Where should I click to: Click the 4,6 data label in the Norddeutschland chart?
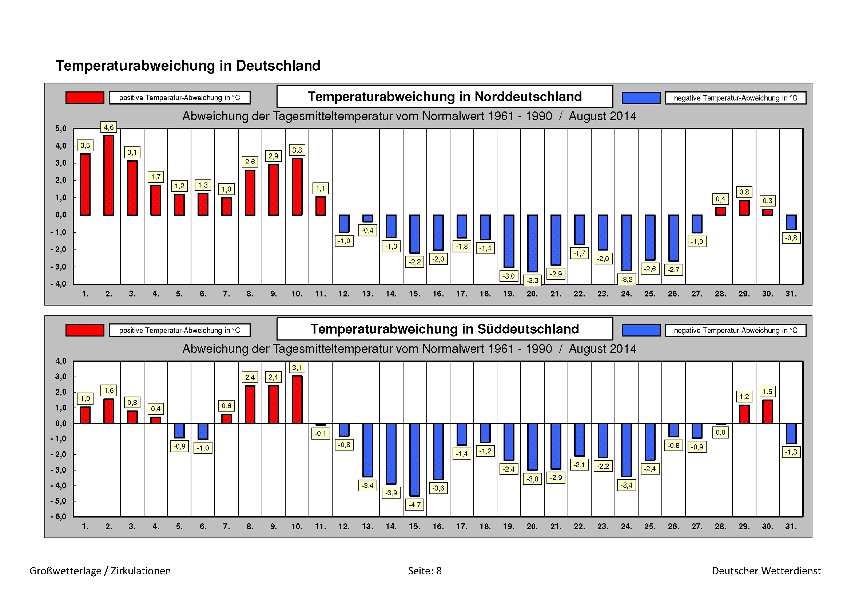[x=108, y=127]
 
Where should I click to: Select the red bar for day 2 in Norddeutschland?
[x=108, y=175]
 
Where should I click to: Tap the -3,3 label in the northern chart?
[x=532, y=280]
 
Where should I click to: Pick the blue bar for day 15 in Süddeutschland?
[x=415, y=460]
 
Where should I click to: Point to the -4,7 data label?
[x=414, y=505]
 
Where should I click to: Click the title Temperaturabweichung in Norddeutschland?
[x=444, y=97]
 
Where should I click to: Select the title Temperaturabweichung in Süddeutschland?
[x=444, y=329]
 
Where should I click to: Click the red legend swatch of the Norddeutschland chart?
[x=85, y=98]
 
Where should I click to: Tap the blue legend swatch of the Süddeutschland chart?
[x=641, y=330]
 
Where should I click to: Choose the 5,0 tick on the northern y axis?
[x=61, y=129]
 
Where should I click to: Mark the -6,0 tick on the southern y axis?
[x=59, y=517]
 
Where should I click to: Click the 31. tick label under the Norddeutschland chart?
[x=791, y=294]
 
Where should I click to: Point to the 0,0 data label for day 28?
[x=720, y=433]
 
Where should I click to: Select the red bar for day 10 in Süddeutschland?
[x=297, y=400]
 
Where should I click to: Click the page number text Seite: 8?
[x=425, y=571]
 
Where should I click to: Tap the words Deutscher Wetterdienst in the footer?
[x=766, y=571]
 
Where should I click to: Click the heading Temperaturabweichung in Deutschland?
[x=188, y=66]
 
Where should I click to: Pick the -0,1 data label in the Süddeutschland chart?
[x=321, y=433]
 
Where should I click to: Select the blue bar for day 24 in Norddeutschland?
[x=627, y=243]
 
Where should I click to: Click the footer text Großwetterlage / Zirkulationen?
[x=100, y=571]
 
